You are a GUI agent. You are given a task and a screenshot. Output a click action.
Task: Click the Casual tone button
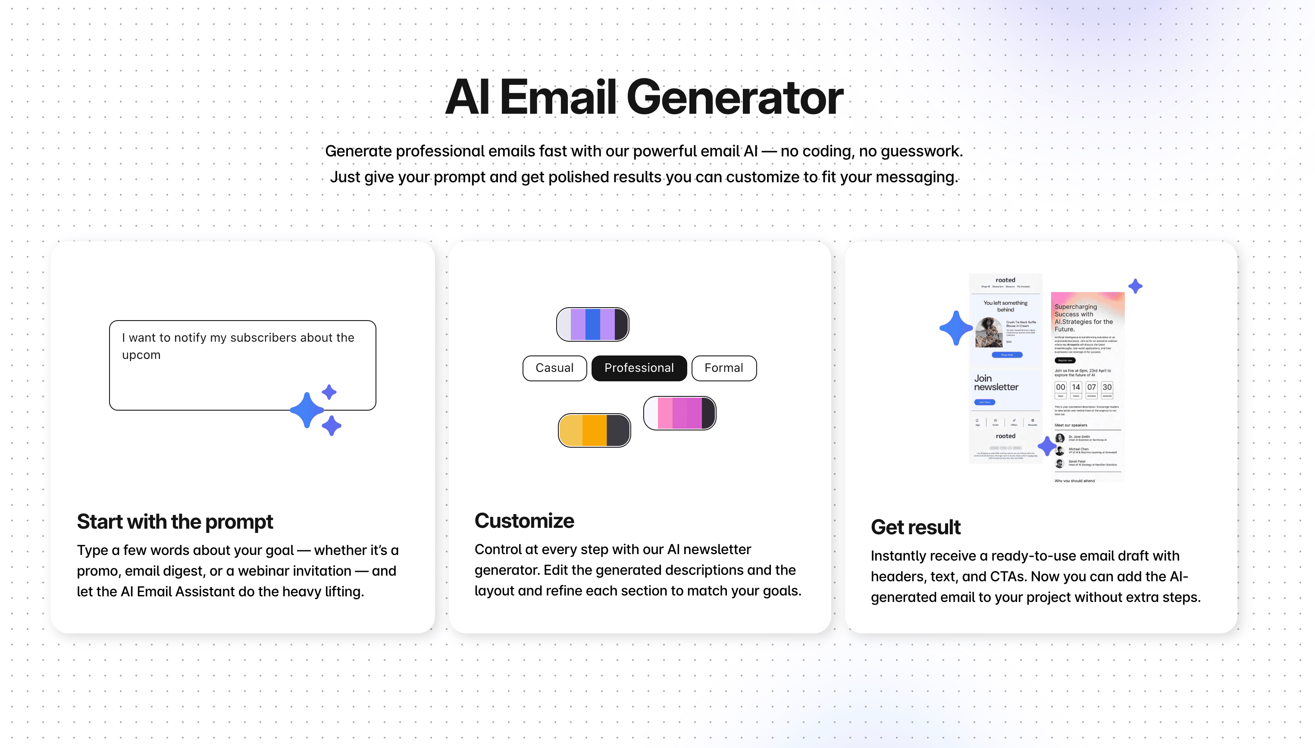pos(554,368)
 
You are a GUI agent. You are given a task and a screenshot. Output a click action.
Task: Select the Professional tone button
pos(639,368)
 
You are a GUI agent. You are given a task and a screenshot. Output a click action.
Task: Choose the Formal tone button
pos(723,368)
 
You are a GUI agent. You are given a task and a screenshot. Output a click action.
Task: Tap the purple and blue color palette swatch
pos(592,324)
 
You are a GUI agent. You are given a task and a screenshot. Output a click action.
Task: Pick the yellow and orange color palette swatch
pos(594,430)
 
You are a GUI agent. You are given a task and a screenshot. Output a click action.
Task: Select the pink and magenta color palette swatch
pos(679,413)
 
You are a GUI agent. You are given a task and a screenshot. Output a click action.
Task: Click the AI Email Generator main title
pos(644,97)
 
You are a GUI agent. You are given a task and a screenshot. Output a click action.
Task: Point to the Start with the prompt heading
pos(175,521)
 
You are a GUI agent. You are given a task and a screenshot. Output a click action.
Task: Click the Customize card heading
pos(524,520)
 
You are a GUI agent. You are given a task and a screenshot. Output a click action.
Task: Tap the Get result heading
pos(915,527)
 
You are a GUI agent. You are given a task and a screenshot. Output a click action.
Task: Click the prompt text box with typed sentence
pos(242,365)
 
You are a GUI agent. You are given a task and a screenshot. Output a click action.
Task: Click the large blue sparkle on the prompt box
pos(307,410)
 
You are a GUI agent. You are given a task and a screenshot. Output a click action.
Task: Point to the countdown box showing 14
pos(1075,388)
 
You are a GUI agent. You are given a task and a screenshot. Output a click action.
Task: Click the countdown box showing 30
pos(1107,388)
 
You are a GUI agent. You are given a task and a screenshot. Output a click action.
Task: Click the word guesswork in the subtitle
pos(920,151)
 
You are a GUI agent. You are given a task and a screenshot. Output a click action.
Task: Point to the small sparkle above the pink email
pos(1135,286)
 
